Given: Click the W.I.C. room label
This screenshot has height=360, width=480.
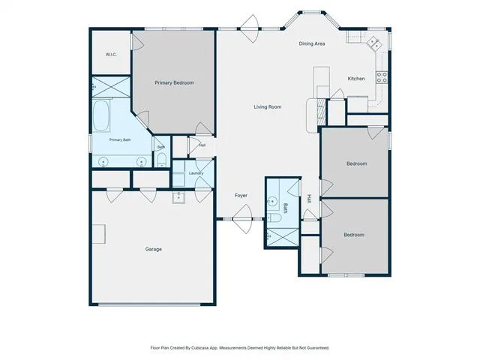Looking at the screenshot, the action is [111, 55].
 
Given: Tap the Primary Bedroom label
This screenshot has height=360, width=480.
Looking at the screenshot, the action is [174, 82].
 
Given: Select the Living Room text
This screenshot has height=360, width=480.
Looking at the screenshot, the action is [268, 106].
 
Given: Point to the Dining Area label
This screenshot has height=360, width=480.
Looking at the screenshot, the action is [312, 43].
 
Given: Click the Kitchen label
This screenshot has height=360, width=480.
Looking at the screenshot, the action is [356, 79].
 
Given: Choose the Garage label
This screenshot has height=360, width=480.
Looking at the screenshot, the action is [153, 249].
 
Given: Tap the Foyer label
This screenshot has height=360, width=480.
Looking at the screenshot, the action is [241, 195].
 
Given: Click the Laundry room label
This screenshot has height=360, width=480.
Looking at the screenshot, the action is [196, 173].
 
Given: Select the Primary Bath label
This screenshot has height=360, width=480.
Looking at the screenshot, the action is [120, 140].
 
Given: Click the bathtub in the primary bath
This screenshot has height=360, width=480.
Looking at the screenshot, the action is [101, 116].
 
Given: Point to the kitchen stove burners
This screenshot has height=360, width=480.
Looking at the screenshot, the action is [382, 76].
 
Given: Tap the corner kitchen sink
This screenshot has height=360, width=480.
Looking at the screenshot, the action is [374, 43].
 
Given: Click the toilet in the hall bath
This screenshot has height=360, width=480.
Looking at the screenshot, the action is [275, 217].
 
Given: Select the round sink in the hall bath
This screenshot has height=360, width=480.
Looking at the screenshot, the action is [271, 202].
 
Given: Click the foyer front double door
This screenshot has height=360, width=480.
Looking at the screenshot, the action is [242, 219].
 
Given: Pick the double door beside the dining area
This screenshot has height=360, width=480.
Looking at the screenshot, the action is [250, 28].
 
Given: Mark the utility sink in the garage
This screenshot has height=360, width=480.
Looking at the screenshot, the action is [178, 197].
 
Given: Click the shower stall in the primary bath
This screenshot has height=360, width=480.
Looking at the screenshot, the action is [112, 87].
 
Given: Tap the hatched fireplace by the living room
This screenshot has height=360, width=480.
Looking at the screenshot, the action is [321, 108].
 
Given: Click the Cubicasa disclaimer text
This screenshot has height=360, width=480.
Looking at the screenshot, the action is [240, 348].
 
